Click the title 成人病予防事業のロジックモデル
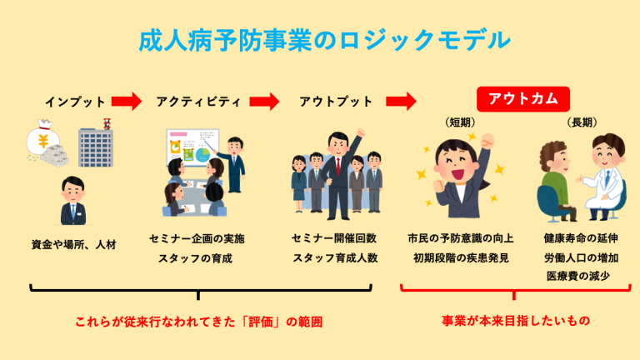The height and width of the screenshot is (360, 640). pyautogui.click(x=324, y=40)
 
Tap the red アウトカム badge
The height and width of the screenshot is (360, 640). pyautogui.click(x=523, y=99)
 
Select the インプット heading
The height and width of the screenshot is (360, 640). pyautogui.click(x=75, y=102)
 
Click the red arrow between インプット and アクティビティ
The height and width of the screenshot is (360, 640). pyautogui.click(x=127, y=101)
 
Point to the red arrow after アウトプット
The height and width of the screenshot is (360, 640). pyautogui.click(x=401, y=101)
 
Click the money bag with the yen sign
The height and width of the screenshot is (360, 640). pyautogui.click(x=42, y=138)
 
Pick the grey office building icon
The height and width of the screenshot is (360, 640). pyautogui.click(x=96, y=143)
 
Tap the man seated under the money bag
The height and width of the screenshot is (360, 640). pyautogui.click(x=73, y=201)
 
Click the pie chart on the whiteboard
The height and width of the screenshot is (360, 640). pyautogui.click(x=202, y=155)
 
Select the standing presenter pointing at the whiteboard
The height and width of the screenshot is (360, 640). pyautogui.click(x=233, y=164)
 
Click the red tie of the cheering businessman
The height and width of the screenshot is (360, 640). pyautogui.click(x=338, y=164)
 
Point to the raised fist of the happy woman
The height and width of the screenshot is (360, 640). pyautogui.click(x=487, y=142)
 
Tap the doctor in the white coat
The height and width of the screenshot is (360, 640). pyautogui.click(x=603, y=177)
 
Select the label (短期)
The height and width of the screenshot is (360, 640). pyautogui.click(x=460, y=122)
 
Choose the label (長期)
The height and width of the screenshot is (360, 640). pyautogui.click(x=582, y=122)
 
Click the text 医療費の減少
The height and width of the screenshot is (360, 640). pyautogui.click(x=578, y=277)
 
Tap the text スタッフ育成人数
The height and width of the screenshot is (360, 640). pyautogui.click(x=335, y=258)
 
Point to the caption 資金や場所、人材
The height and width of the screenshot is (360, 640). pyautogui.click(x=74, y=244)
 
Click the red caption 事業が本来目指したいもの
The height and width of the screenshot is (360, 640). pyautogui.click(x=516, y=321)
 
